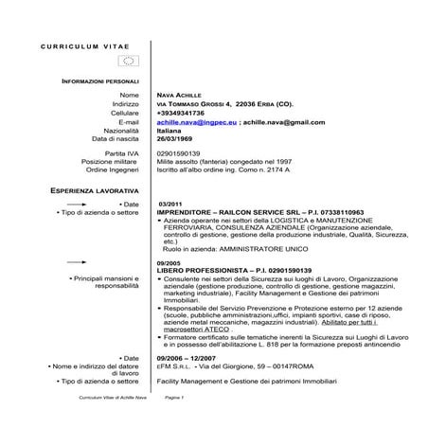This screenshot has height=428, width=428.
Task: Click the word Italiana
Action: pyautogui.click(x=172, y=130)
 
